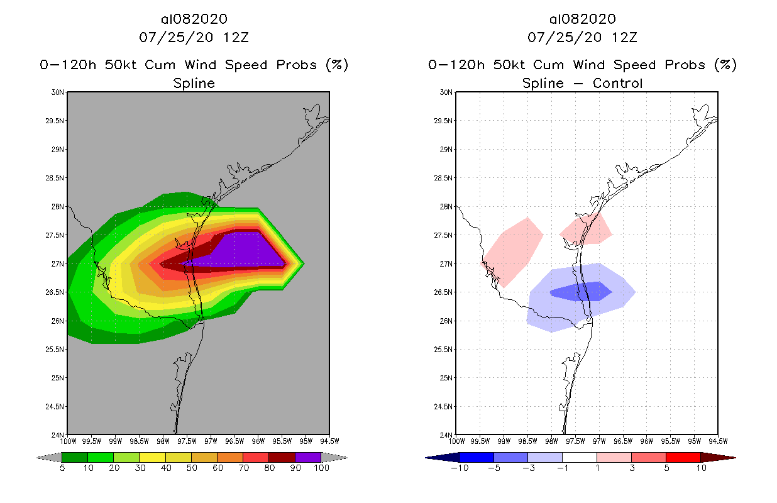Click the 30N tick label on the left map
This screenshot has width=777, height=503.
tap(58, 92)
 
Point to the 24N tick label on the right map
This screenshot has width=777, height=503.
tap(446, 435)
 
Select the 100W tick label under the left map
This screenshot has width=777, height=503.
tap(67, 441)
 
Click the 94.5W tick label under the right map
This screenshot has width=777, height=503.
tap(717, 441)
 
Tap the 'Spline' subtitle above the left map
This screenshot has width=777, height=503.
tap(194, 83)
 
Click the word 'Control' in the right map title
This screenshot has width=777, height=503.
tap(617, 83)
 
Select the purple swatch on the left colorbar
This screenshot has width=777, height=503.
tap(308, 457)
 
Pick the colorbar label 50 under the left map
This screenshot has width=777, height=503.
tap(191, 468)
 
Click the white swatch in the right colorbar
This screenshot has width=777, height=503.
tap(580, 457)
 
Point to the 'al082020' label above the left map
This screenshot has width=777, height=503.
tap(194, 19)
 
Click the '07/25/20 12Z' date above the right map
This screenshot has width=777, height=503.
tap(582, 37)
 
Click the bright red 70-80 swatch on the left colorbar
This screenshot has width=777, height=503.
tap(256, 457)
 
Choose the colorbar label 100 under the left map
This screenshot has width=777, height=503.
tap(321, 468)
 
